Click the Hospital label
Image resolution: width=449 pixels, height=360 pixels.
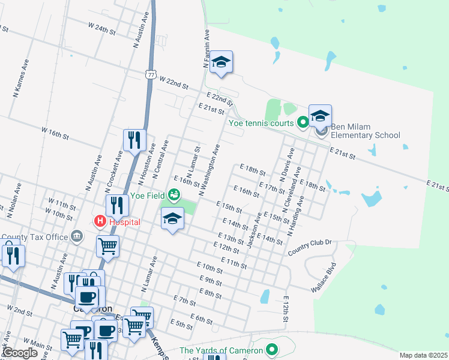tap(124, 221)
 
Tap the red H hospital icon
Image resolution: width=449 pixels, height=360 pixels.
tap(100, 221)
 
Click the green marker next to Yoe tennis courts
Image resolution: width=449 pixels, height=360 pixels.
tap(303, 124)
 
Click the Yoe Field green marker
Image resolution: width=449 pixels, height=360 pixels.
tap(173, 194)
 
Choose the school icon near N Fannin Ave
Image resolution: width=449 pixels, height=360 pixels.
tap(221, 62)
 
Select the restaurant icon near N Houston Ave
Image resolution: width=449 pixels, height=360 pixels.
tap(134, 140)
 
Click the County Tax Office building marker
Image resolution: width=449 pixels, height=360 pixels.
tap(77, 236)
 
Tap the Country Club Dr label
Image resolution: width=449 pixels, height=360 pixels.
tap(310, 246)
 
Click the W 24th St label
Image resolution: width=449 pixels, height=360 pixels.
tap(101, 28)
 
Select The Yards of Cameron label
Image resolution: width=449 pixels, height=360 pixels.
tap(221, 350)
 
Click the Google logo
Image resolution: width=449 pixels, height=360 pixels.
tap(20, 353)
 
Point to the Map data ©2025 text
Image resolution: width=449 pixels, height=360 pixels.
tap(423, 355)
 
